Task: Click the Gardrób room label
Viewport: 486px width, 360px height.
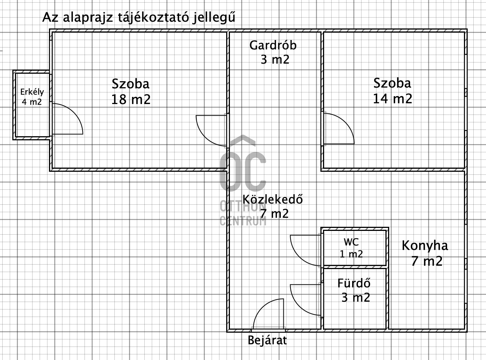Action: click(273, 45)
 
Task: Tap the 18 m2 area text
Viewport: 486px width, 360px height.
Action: click(131, 100)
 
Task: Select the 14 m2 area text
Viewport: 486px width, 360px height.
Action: click(393, 98)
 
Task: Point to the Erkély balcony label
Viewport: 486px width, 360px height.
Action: click(32, 92)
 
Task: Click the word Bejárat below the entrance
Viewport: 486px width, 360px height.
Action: click(267, 340)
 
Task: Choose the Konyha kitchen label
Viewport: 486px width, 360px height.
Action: click(425, 246)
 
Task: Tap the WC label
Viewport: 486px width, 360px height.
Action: click(351, 242)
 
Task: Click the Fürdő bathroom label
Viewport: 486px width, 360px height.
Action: click(354, 283)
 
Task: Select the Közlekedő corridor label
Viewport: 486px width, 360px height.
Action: click(273, 199)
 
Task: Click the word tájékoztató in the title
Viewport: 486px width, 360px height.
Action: click(153, 18)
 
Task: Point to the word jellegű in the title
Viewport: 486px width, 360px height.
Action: click(214, 18)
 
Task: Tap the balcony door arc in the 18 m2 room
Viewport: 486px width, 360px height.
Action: click(74, 112)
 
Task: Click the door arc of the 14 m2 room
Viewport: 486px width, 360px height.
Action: click(345, 122)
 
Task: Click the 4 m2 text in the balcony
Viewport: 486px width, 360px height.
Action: click(32, 102)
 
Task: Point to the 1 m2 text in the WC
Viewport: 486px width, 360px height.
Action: click(351, 254)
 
